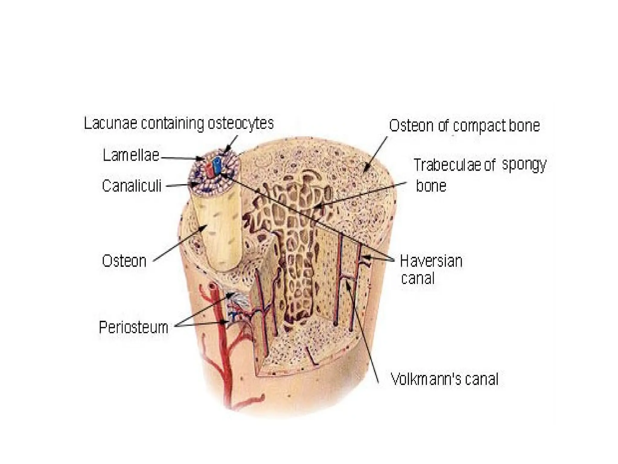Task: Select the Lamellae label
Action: (131, 156)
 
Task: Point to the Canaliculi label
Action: (132, 186)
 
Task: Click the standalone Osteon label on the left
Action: (124, 261)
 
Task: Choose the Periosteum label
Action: (133, 327)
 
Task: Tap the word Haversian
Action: (431, 261)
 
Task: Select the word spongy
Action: (524, 165)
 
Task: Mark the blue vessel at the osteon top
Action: (216, 165)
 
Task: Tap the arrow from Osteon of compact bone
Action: (376, 154)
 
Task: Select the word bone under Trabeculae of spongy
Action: (431, 186)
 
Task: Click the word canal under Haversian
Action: (418, 278)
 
